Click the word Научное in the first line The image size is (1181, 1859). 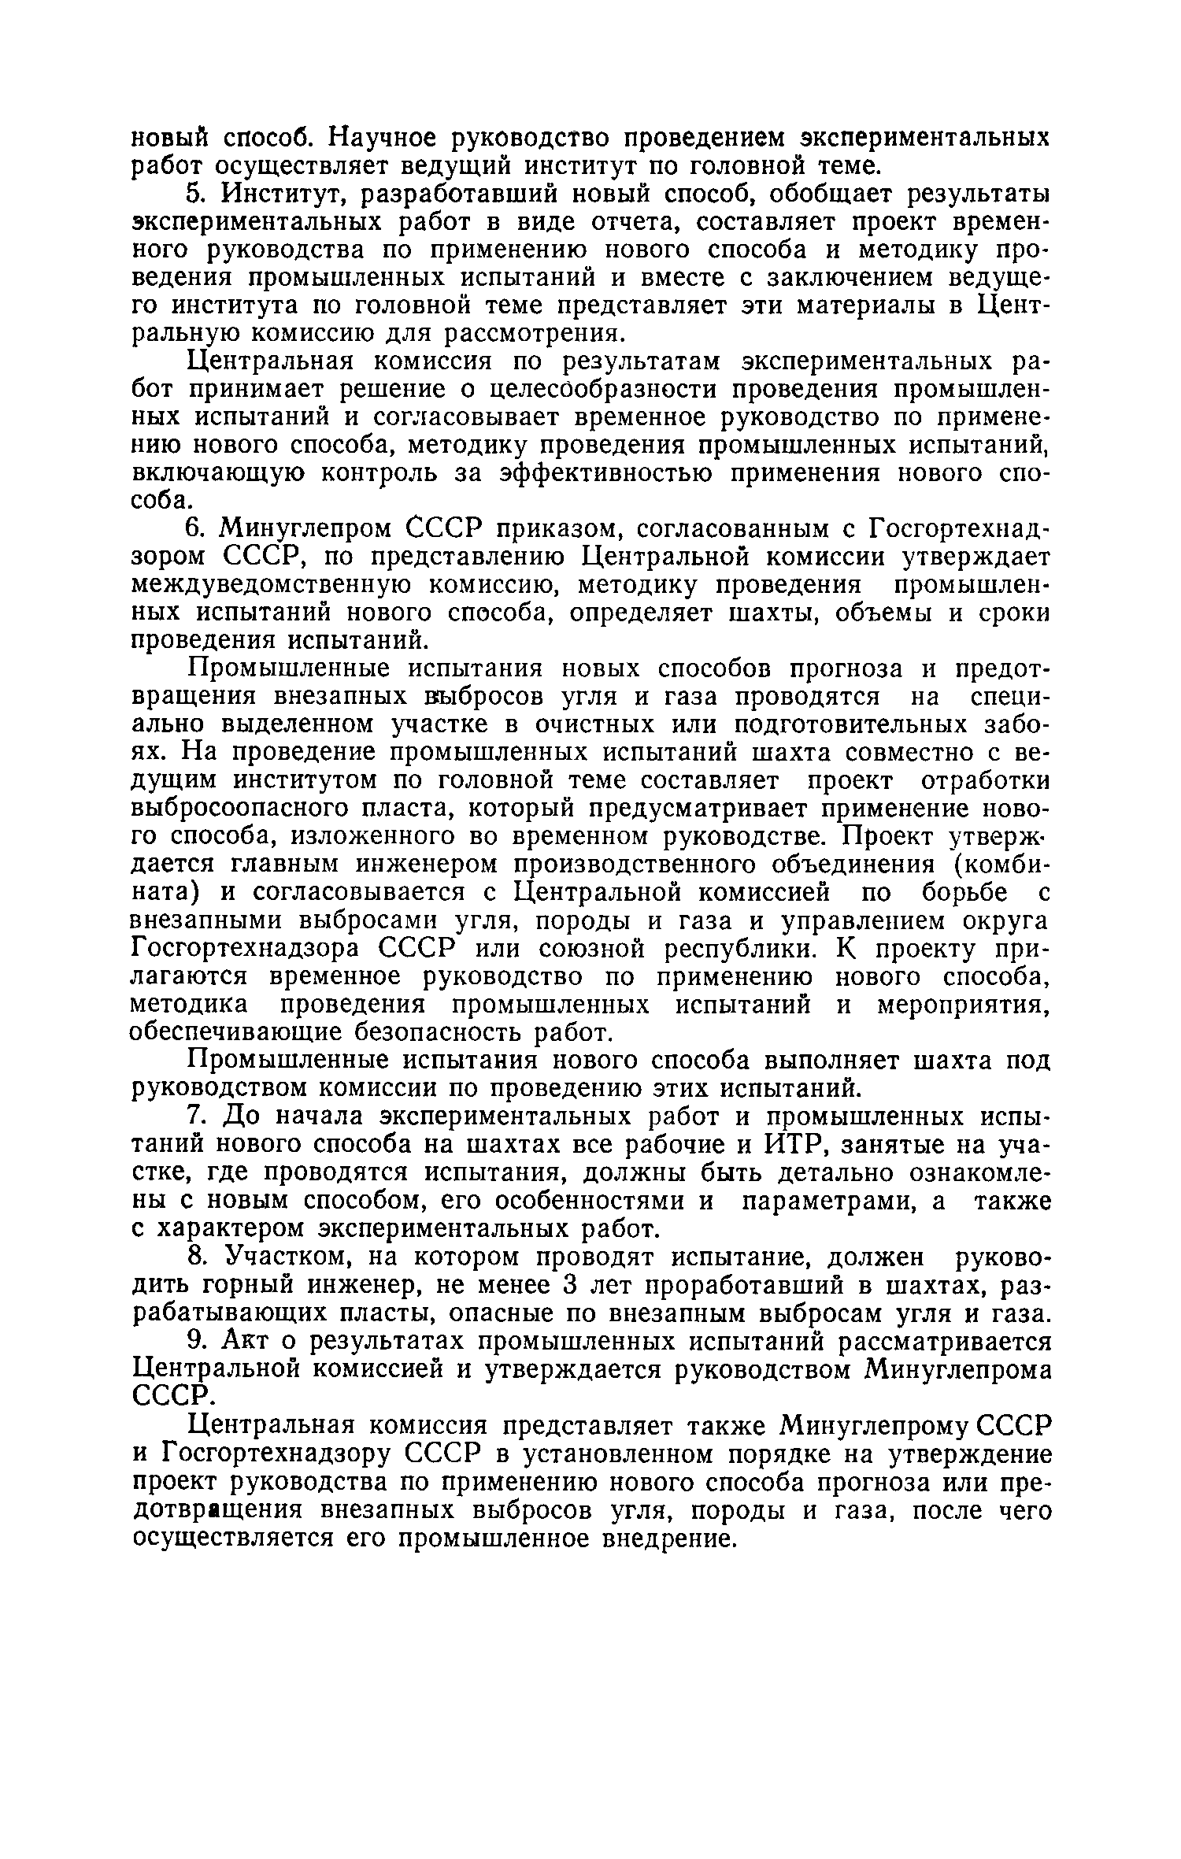(382, 139)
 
